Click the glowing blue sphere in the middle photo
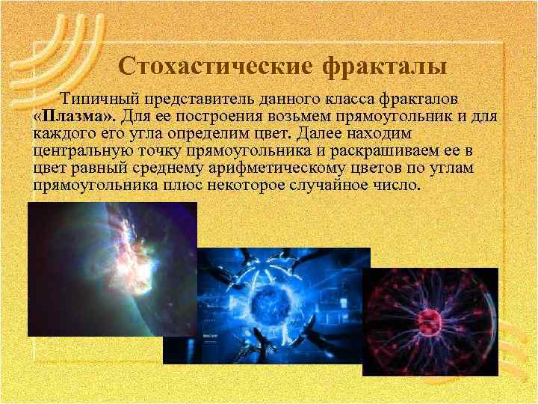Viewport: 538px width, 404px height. point(267,306)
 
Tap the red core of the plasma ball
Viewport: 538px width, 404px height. point(428,322)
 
